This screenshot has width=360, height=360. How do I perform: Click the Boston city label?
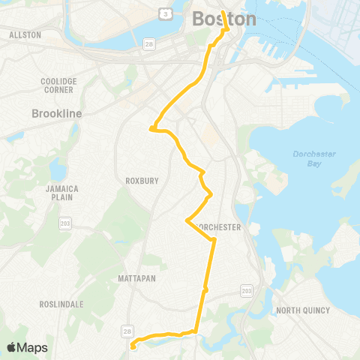224,19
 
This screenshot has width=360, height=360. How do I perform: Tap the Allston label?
24,34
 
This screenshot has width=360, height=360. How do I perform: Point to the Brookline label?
57,113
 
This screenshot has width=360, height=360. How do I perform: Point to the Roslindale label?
62,304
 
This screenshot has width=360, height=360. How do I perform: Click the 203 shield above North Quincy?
247,289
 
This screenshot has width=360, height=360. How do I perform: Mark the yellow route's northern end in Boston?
223,11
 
